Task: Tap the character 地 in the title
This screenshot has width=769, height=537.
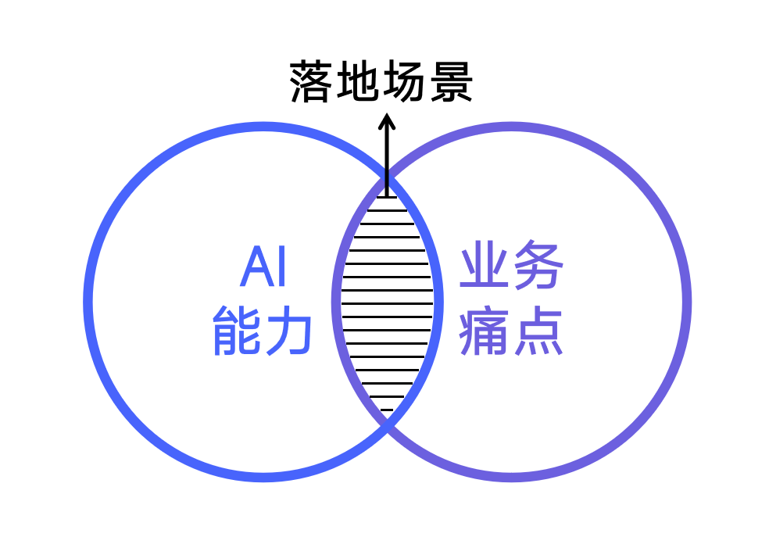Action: click(356, 82)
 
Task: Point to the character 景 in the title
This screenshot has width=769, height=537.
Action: click(451, 82)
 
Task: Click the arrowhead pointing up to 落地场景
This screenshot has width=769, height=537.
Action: click(387, 120)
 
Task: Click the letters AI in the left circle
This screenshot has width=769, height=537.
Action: click(263, 267)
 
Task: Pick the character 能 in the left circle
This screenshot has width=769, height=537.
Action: click(236, 331)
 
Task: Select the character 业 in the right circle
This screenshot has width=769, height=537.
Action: click(484, 264)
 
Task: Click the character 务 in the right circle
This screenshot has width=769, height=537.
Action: click(538, 264)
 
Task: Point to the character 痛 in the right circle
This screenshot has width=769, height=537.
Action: click(484, 331)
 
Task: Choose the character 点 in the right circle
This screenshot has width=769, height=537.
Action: click(538, 331)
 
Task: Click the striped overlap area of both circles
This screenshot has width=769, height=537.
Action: click(387, 303)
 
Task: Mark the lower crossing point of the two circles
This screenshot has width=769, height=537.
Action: click(387, 424)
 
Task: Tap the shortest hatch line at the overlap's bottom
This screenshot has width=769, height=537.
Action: click(387, 410)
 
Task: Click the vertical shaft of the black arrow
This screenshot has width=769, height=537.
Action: click(387, 157)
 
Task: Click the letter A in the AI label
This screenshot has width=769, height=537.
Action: click(256, 267)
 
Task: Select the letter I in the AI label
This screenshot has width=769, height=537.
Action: click(281, 267)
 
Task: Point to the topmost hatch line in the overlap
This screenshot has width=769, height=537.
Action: click(387, 197)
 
